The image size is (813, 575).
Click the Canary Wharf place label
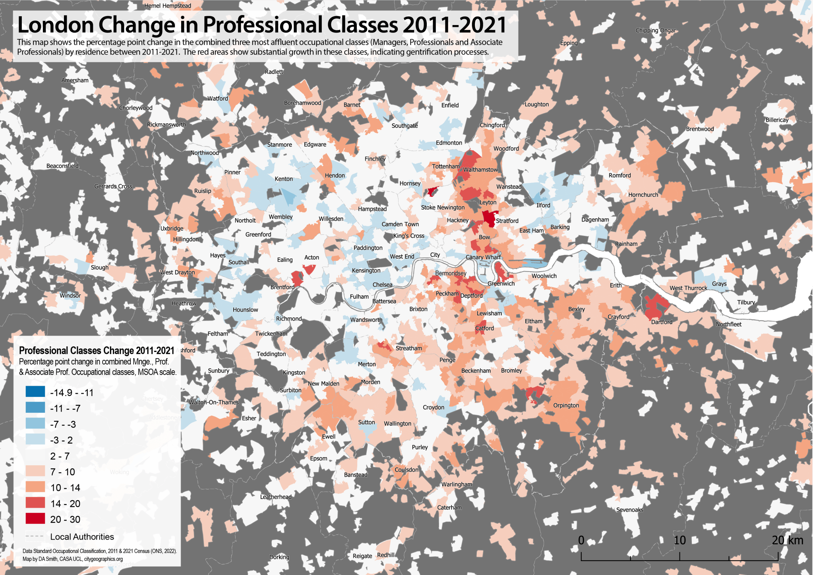pos(483,257)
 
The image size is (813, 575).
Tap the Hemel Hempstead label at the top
pos(168,6)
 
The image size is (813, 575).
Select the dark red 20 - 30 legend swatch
pos(35,519)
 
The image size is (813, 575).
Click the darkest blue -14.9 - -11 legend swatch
pos(35,392)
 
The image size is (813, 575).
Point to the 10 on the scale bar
pos(679,540)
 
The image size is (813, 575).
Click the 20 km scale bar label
pos(787,540)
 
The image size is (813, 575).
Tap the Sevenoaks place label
pos(629,510)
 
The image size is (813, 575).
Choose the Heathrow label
pos(184,303)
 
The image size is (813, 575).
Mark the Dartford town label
pos(662,322)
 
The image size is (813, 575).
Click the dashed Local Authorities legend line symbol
pos(35,536)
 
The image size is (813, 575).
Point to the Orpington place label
pos(566,406)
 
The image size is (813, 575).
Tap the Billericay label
pos(777,120)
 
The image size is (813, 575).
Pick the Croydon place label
pos(433,408)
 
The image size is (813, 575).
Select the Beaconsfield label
pos(62,166)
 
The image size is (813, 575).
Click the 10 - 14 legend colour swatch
pos(35,487)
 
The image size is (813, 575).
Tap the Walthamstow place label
pos(480,170)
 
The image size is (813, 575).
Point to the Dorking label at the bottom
pos(279,557)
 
